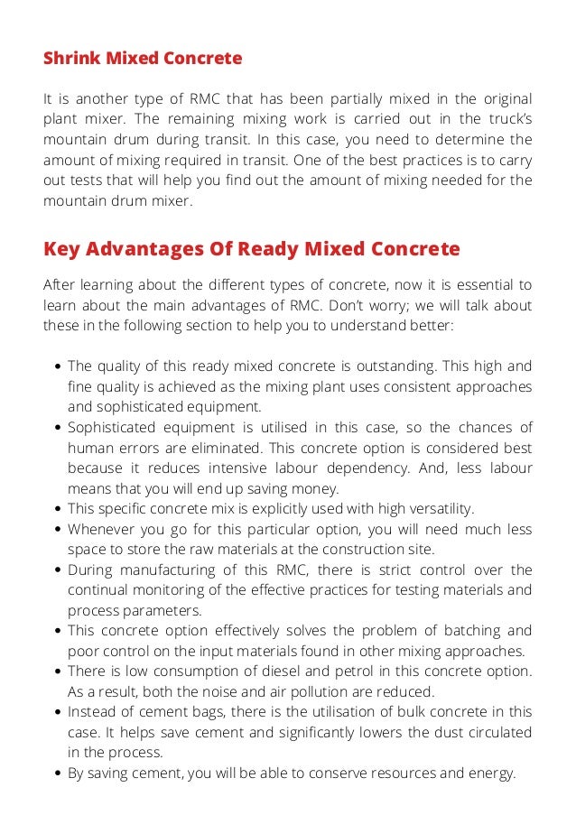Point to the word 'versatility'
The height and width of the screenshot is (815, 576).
pyautogui.click(x=441, y=509)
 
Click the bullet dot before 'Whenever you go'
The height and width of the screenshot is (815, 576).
pyautogui.click(x=59, y=530)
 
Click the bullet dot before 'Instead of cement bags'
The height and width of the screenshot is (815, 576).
pyautogui.click(x=59, y=712)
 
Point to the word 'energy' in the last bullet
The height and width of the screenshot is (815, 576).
pyautogui.click(x=490, y=773)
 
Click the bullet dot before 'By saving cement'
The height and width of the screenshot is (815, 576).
pyautogui.click(x=59, y=773)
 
